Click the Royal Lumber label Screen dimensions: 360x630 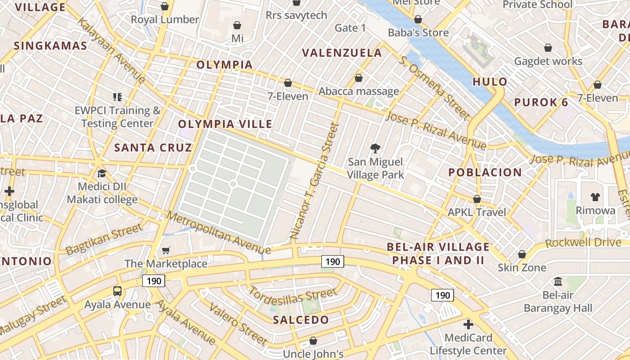165,19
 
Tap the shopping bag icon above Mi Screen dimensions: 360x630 237,25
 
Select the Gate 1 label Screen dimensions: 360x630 351,28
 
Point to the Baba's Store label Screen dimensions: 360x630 418,32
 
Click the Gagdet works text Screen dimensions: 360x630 548,61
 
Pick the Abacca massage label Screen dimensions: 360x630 359,91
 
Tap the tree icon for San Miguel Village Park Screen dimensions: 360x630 375,148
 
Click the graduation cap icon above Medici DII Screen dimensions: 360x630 102,173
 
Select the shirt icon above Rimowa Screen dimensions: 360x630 595,197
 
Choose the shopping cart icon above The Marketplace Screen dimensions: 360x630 166,250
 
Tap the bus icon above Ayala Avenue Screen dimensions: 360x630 117,291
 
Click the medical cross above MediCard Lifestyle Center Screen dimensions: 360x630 468,324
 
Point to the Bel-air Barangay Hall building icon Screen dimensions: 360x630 558,282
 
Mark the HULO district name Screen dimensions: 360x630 490,82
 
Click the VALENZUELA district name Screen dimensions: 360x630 342,53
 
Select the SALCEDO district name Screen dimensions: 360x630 301,320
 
